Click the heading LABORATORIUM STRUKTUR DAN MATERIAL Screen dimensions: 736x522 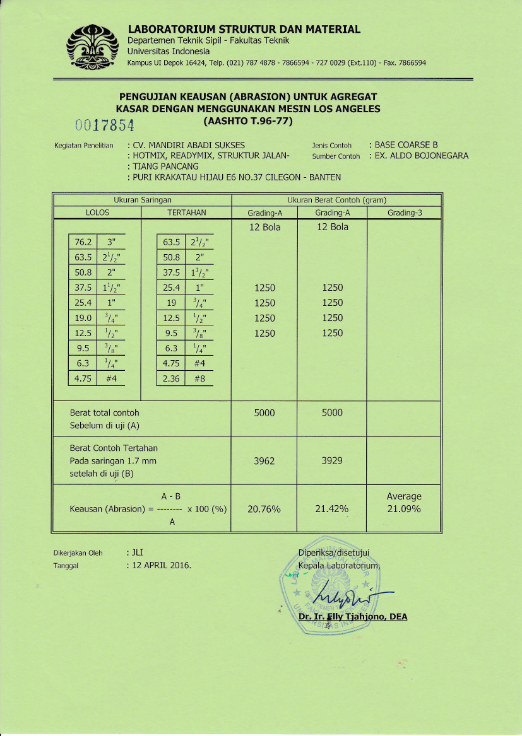[244, 29]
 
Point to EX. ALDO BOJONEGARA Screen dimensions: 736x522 [422, 156]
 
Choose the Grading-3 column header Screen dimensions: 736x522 [405, 213]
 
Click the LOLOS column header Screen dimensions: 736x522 [97, 213]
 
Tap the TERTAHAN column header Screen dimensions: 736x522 [187, 213]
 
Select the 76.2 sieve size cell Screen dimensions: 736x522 [83, 242]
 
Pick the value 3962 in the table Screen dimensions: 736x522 [264, 461]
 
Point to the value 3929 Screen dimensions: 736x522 [332, 461]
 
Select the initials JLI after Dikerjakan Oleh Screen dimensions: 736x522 [138, 552]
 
